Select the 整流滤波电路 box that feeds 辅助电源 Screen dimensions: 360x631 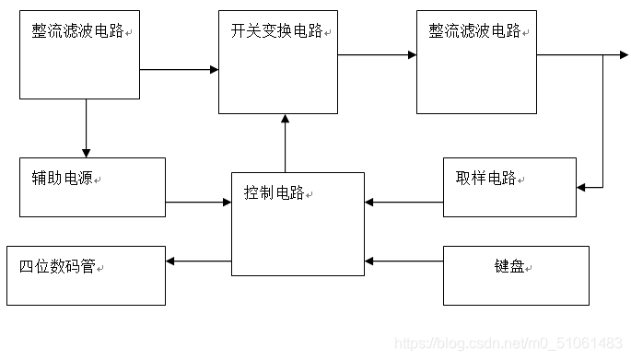point(80,54)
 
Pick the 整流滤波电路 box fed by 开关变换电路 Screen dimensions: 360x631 point(476,62)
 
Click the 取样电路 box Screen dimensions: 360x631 point(509,188)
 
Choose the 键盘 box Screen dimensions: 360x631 point(516,275)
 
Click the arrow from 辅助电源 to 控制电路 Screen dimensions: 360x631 point(198,201)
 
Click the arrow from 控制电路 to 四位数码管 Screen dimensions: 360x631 point(198,261)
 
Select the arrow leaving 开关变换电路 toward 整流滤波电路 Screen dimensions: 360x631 point(377,55)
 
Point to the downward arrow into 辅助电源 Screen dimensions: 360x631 point(86,128)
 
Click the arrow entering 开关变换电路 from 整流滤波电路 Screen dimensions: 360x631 point(179,69)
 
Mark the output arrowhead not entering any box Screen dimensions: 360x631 point(623,55)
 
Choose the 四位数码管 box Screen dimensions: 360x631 point(87,275)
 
